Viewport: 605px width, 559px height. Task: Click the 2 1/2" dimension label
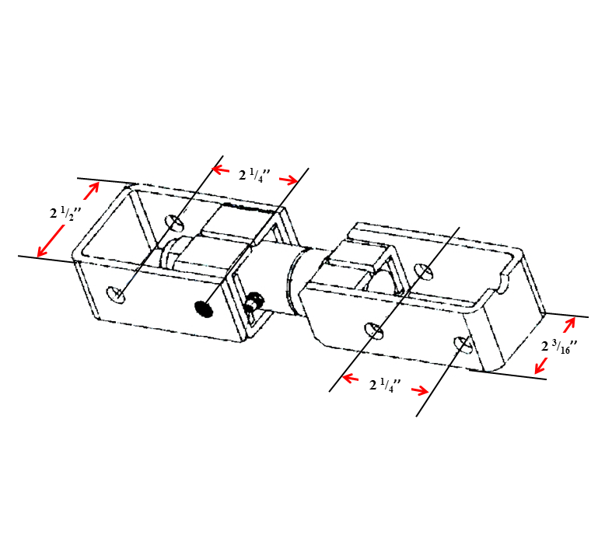pyautogui.click(x=65, y=213)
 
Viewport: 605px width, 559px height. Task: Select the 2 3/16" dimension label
pyautogui.click(x=559, y=346)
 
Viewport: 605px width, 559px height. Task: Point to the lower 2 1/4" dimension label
pyautogui.click(x=385, y=385)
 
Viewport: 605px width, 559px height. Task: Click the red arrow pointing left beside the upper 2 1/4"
pyautogui.click(x=221, y=169)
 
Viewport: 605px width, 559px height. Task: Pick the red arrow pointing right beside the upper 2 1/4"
pyautogui.click(x=289, y=180)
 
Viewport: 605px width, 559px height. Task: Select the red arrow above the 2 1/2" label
pyautogui.click(x=92, y=190)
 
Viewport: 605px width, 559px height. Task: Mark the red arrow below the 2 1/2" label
pyautogui.click(x=51, y=242)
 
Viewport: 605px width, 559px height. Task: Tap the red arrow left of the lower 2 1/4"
pyautogui.click(x=351, y=378)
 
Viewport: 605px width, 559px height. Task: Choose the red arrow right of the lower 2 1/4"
pyautogui.click(x=420, y=390)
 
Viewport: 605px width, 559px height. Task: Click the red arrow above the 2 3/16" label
pyautogui.click(x=569, y=325)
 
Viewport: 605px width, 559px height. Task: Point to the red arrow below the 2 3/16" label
pyautogui.click(x=541, y=365)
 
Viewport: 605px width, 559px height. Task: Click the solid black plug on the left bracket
pyautogui.click(x=204, y=309)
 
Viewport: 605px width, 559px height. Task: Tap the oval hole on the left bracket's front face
pyautogui.click(x=116, y=295)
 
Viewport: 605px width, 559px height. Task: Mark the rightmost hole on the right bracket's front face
pyautogui.click(x=462, y=344)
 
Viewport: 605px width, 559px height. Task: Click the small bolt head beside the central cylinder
pyautogui.click(x=254, y=302)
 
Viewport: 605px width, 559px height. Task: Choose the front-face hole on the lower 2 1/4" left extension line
pyautogui.click(x=374, y=330)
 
